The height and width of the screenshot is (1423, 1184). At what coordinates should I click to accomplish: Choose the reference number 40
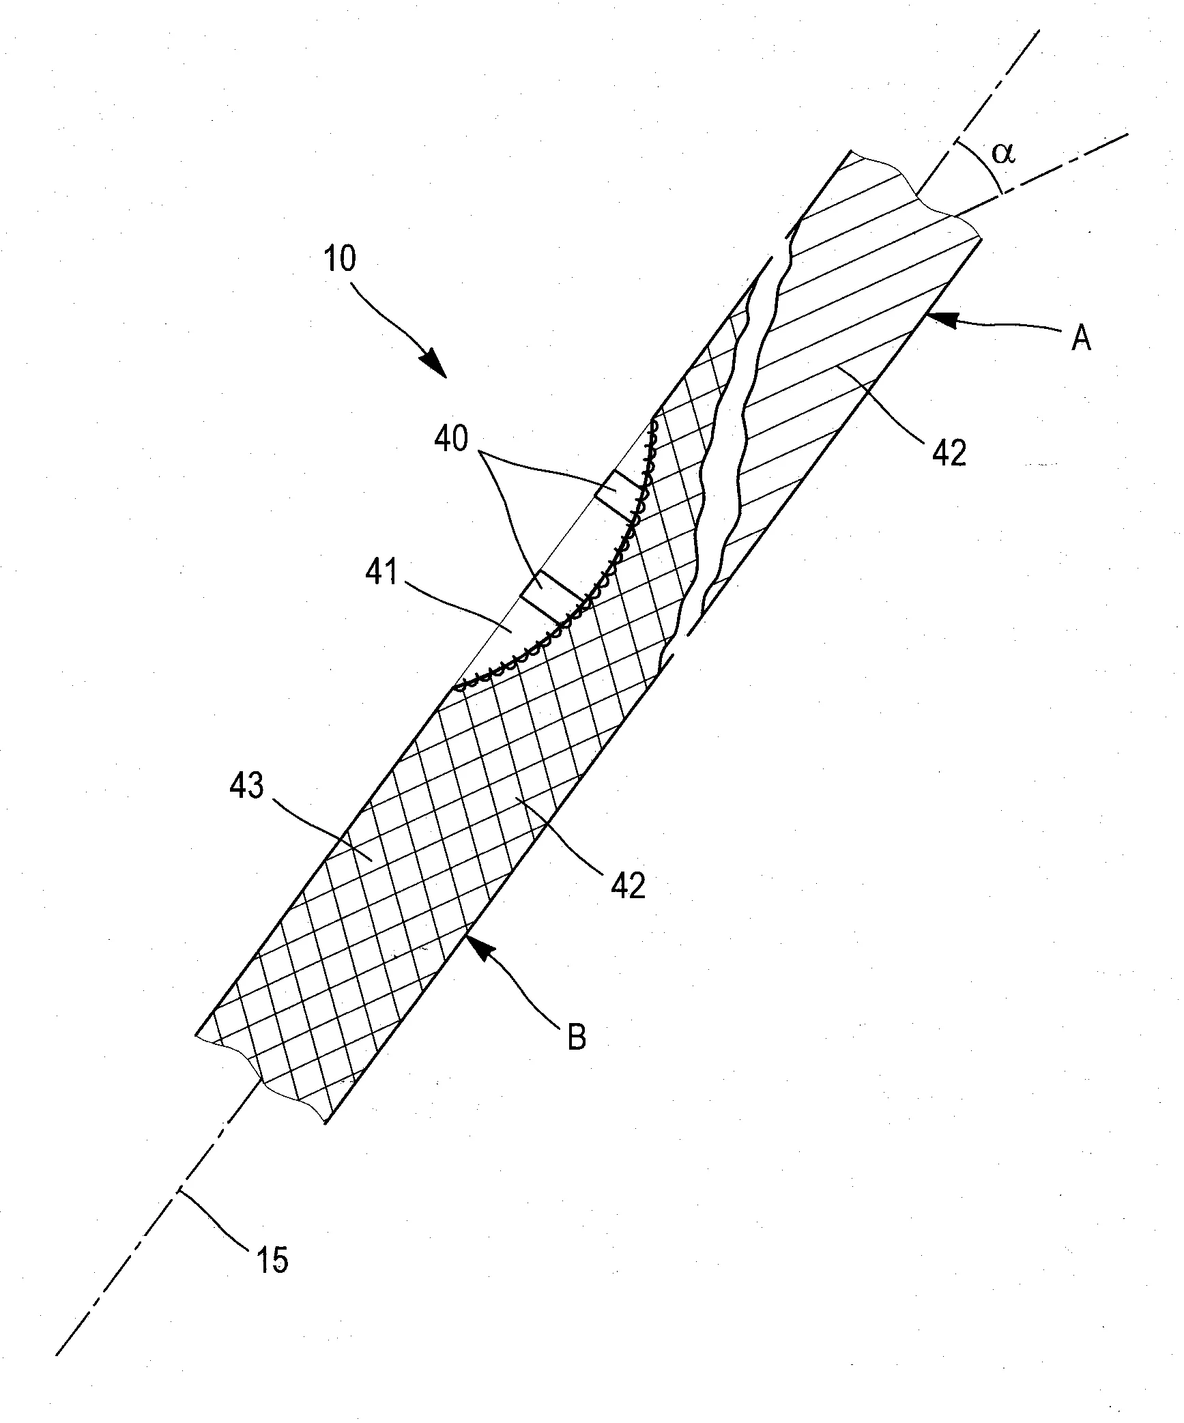pyautogui.click(x=452, y=439)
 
